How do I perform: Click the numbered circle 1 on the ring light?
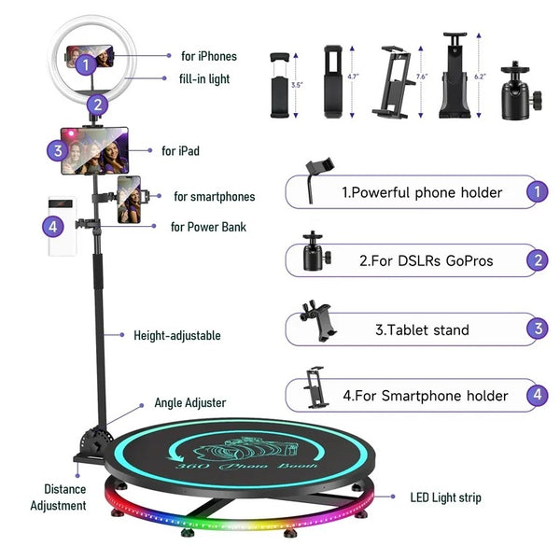[85, 65]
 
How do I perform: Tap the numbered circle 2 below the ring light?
[98, 105]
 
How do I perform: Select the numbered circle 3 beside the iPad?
[57, 150]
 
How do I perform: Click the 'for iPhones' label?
[208, 57]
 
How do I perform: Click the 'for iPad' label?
[180, 150]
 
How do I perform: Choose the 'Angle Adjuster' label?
[189, 403]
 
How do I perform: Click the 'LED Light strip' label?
[445, 497]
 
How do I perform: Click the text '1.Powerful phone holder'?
[422, 192]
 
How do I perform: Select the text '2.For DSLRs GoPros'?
[426, 261]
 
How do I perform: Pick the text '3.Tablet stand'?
[422, 329]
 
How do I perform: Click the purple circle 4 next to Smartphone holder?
[536, 396]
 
